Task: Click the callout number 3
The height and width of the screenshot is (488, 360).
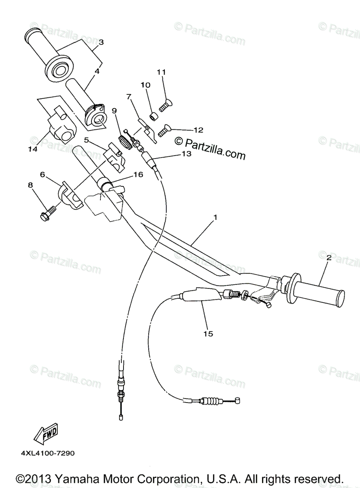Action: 101,42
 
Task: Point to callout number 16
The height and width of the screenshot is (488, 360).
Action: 138,174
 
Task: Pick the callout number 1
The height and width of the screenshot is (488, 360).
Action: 215,218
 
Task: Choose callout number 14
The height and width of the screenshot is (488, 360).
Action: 33,149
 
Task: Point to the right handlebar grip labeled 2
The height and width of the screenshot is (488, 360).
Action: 315,292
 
